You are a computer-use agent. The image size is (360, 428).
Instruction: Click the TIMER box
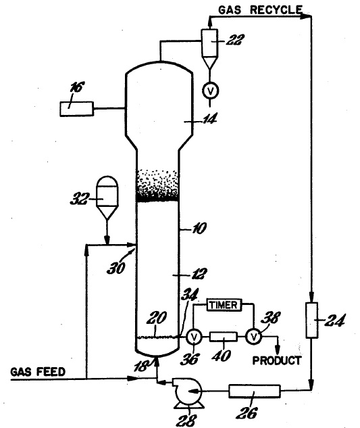(224, 305)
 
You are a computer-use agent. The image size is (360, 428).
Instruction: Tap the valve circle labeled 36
(194, 337)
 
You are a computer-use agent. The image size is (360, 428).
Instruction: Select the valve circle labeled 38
(254, 337)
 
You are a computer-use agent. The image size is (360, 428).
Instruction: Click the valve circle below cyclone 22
(210, 91)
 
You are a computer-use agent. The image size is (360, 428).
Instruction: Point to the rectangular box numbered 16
(76, 109)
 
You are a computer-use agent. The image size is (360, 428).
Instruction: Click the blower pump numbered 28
(188, 393)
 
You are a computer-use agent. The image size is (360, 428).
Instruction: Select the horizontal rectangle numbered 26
(255, 391)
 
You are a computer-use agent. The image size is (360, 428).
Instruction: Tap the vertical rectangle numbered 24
(312, 320)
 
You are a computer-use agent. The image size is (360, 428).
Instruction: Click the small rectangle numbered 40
(224, 337)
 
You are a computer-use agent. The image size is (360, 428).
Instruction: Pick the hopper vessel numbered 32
(107, 197)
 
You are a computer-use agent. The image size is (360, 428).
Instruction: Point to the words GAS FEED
(38, 372)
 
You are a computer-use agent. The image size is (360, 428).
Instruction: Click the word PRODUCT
(276, 360)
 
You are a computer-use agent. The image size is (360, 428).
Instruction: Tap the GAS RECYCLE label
(261, 10)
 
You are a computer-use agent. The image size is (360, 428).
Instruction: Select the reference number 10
(199, 228)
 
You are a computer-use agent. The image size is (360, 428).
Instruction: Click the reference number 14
(209, 119)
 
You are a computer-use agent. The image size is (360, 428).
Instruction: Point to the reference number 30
(116, 268)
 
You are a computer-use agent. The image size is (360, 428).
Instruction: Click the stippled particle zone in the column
(157, 185)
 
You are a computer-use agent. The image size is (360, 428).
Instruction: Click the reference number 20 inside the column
(156, 318)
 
